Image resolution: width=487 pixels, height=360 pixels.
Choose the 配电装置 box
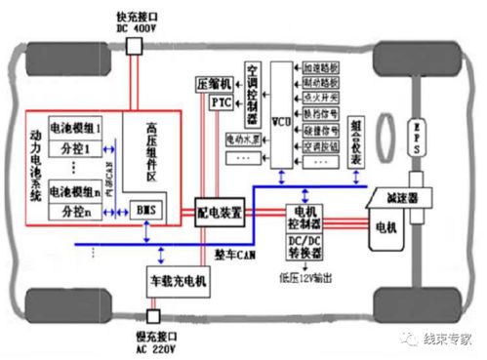click(x=220, y=212)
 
